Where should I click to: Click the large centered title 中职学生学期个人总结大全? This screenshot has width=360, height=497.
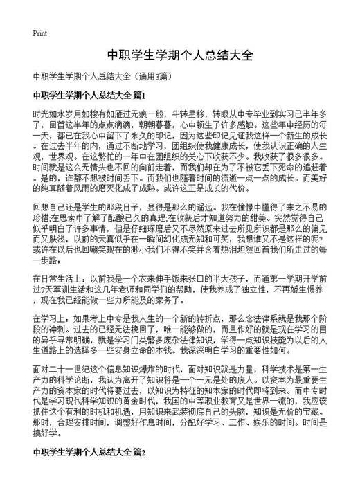click(x=179, y=53)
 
